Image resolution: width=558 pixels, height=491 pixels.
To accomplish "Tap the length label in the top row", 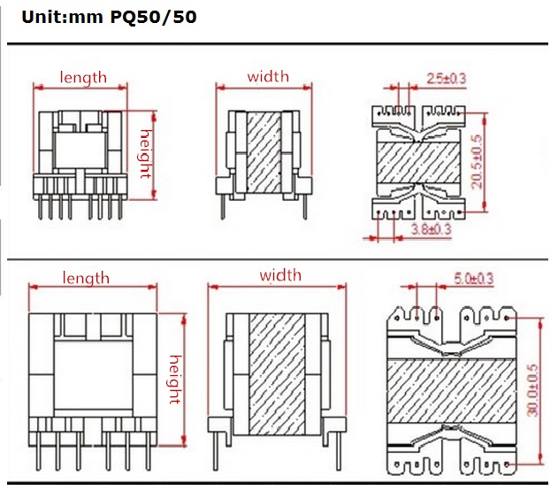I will pyautogui.click(x=83, y=77).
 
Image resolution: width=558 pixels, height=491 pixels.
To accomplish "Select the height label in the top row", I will pyautogui.click(x=147, y=152).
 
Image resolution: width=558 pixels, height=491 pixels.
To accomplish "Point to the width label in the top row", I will pyautogui.click(x=267, y=77).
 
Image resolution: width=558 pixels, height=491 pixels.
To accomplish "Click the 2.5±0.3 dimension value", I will pyautogui.click(x=446, y=79).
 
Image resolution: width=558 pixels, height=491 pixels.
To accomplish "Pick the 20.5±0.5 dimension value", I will pyautogui.click(x=477, y=162).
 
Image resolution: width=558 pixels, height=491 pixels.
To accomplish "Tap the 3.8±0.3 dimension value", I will pyautogui.click(x=432, y=229).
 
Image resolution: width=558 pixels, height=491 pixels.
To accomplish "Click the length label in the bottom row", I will pyautogui.click(x=86, y=278).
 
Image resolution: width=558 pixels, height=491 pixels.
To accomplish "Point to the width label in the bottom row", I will pyautogui.click(x=279, y=276).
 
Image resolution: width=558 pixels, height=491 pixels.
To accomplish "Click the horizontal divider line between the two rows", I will pyautogui.click(x=279, y=259).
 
